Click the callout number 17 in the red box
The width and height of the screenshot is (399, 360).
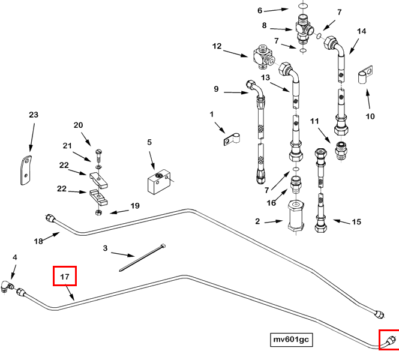(x=65, y=277)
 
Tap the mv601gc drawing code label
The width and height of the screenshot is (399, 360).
(x=291, y=340)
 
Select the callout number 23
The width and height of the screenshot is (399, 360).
(x=33, y=115)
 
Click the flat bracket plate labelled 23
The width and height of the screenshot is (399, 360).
(x=25, y=170)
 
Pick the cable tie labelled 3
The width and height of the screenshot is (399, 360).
(x=142, y=258)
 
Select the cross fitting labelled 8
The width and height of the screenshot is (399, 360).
(x=304, y=28)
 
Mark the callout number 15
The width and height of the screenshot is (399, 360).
(x=356, y=222)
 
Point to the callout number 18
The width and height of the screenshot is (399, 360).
(x=38, y=241)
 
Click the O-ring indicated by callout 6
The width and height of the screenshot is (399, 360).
(x=303, y=8)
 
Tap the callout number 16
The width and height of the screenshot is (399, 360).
(x=271, y=203)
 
